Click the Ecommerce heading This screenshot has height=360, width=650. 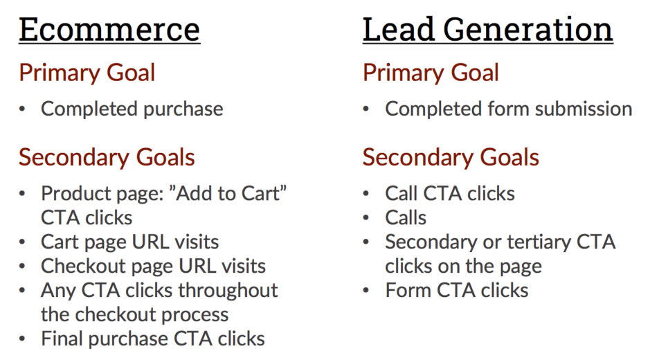click(x=109, y=30)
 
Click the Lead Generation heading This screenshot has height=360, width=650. click(x=487, y=30)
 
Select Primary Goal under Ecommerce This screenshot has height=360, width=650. click(x=87, y=73)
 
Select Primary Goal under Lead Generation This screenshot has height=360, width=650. click(x=431, y=73)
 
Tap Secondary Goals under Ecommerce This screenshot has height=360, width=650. click(x=107, y=158)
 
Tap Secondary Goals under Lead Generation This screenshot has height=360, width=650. click(x=451, y=158)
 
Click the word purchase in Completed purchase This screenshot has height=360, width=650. click(x=183, y=109)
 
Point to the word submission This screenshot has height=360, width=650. click(x=584, y=109)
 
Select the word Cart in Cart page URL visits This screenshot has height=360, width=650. click(x=60, y=242)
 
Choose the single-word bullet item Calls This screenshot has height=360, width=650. click(x=406, y=218)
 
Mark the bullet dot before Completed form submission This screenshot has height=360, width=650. click(x=365, y=109)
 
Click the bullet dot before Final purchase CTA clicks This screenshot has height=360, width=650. click(x=22, y=339)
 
